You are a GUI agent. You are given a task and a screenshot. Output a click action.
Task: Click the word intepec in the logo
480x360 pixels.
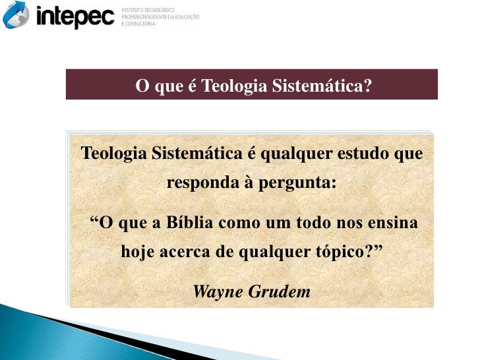[x=75, y=16]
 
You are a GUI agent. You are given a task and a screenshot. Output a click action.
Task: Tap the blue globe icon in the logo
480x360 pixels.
[x=16, y=15]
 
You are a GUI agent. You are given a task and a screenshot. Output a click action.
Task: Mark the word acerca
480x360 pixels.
[x=183, y=252]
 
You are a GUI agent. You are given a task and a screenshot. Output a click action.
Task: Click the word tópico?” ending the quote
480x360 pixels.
[x=351, y=252]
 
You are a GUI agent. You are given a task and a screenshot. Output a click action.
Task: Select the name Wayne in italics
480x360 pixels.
[x=218, y=291]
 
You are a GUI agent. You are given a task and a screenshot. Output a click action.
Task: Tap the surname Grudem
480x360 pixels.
[x=279, y=291]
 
